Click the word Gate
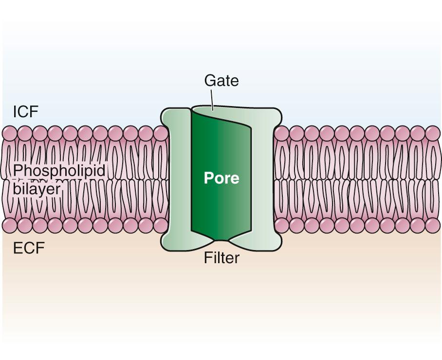click(221, 80)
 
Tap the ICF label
click(25, 112)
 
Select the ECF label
click(29, 248)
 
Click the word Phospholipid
click(59, 171)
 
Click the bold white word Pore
click(221, 178)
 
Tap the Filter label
click(221, 258)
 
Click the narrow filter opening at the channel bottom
click(221, 240)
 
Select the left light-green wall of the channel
click(177, 180)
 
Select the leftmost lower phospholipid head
click(10, 225)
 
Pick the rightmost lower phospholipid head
click(432, 225)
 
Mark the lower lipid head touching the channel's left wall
click(161, 225)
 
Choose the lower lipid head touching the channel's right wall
click(281, 225)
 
